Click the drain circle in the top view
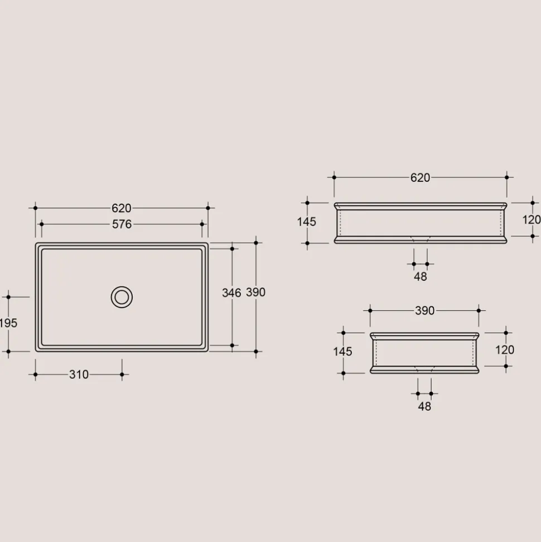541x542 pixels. pos(122,286)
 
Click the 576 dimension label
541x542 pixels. pos(122,224)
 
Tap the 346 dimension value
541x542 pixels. pos(231,293)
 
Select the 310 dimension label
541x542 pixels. pos(79,375)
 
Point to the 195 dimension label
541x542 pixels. pos(8,323)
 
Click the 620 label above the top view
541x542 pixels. pos(121,208)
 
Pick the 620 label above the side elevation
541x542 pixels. pos(420,178)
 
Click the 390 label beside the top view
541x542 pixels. pos(255,292)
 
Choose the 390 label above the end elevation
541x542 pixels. pos(424,311)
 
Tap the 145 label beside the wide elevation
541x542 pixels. pos(306,222)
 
